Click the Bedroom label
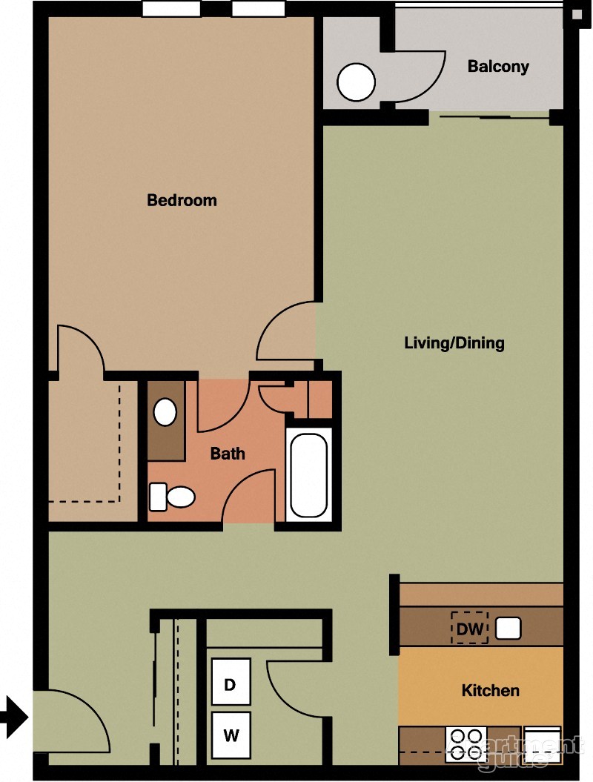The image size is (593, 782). [x=182, y=200]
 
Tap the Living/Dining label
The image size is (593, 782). [x=454, y=343]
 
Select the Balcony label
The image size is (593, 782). [x=498, y=67]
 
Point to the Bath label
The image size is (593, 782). [x=228, y=454]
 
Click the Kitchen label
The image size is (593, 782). [x=490, y=691]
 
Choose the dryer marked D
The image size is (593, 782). [x=231, y=682]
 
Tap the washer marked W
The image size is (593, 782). [x=231, y=736]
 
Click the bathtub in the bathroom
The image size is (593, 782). [x=308, y=474]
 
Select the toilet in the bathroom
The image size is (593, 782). [x=172, y=497]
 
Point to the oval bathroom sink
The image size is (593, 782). [x=165, y=412]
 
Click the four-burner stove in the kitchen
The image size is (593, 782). [x=466, y=743]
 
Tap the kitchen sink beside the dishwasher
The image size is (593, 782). [x=508, y=629]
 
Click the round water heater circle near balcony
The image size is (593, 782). [x=357, y=82]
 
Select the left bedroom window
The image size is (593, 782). [x=170, y=9]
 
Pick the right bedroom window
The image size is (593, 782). [x=258, y=9]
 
